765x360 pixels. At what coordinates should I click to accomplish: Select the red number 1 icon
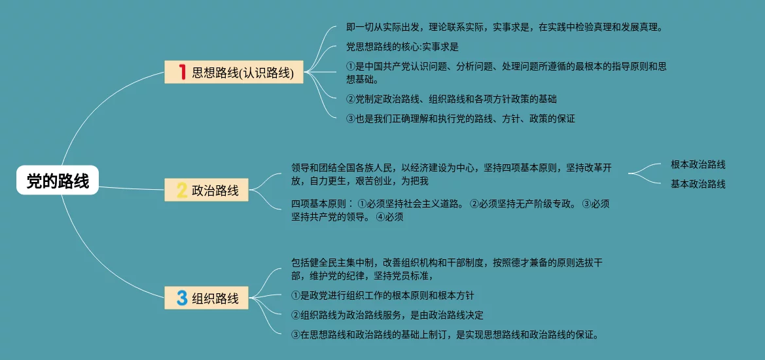coord(183,71)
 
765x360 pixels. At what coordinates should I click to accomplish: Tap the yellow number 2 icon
coord(182,190)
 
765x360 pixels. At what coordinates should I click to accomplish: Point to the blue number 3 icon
coord(182,298)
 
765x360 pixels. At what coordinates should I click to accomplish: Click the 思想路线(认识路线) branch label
coord(243,72)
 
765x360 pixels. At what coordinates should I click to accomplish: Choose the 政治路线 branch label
coord(215,191)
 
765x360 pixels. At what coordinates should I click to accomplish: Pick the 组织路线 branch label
coord(215,298)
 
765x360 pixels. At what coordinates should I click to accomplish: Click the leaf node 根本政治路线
coord(698,164)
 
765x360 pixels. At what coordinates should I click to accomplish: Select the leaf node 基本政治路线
coord(698,184)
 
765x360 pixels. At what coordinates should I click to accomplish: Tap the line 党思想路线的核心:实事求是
coord(402,46)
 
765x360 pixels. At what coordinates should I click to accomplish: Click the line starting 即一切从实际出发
coord(505,27)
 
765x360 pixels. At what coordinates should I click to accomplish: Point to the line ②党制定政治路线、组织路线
coord(451,99)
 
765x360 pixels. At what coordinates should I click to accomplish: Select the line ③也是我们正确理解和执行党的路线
coord(460,118)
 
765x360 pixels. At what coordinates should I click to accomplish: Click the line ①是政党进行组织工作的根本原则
coord(382,295)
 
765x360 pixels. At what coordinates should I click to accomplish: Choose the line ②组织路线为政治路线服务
coord(387,315)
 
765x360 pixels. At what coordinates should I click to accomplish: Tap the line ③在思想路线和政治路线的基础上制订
coord(444,334)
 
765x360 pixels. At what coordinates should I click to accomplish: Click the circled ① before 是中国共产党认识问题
coord(350,66)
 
